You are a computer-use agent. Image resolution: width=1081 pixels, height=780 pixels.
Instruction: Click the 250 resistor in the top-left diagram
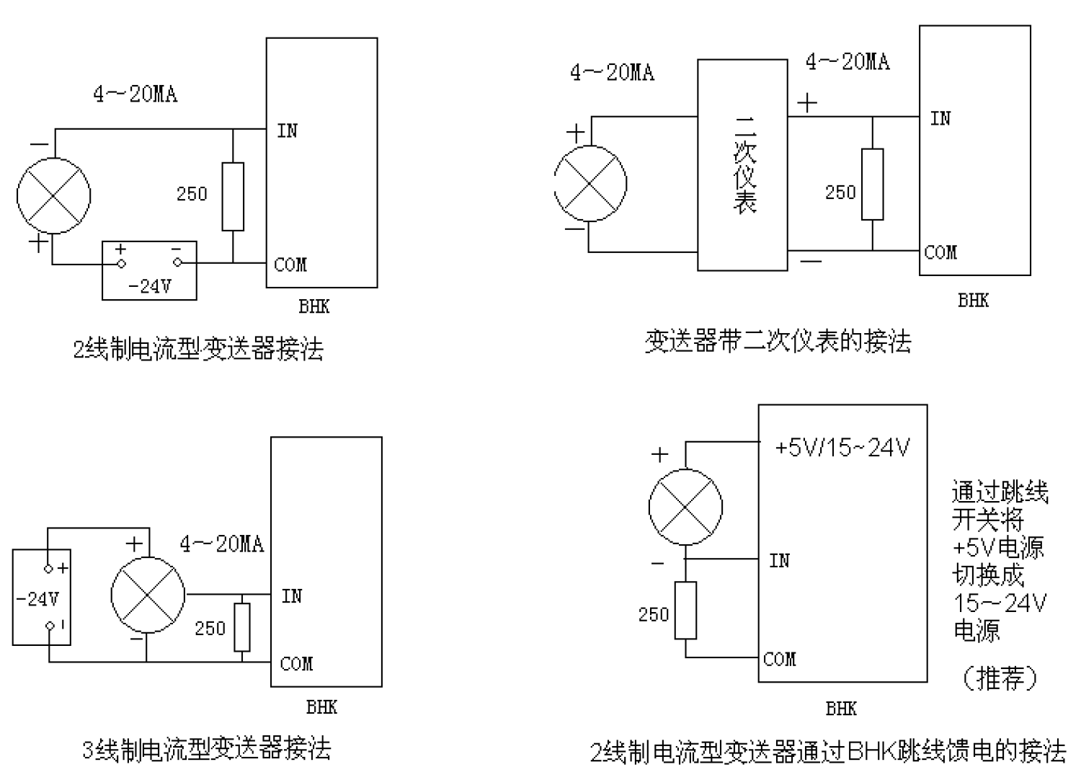click(233, 197)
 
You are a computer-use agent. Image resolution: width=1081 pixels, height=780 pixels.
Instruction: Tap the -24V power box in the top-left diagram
click(149, 270)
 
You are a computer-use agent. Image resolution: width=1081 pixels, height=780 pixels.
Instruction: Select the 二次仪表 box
click(742, 165)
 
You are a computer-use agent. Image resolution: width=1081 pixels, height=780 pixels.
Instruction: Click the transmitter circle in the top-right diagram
click(590, 184)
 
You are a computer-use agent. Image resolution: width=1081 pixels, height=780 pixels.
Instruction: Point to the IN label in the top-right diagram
click(940, 118)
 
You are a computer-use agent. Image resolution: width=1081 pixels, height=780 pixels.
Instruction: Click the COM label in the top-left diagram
click(290, 265)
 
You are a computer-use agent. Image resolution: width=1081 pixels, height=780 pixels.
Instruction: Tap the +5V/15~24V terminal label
click(842, 448)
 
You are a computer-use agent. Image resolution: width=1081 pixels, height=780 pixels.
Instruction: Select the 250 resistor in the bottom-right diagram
click(685, 610)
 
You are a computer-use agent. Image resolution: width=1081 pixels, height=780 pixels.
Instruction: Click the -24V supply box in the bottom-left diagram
click(41, 597)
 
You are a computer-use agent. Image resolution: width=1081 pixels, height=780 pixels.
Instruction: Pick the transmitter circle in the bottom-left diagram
click(148, 595)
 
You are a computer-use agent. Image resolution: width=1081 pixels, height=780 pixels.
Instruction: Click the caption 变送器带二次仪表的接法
click(778, 341)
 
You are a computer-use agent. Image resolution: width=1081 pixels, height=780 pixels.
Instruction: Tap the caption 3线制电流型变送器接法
click(207, 749)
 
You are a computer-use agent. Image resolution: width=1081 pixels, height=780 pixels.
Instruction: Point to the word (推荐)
click(1000, 678)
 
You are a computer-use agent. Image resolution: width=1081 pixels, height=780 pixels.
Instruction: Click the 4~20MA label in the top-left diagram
click(135, 94)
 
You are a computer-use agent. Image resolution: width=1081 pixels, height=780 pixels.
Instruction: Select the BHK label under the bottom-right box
click(841, 709)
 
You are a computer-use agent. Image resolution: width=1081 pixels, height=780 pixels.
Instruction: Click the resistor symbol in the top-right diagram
click(872, 185)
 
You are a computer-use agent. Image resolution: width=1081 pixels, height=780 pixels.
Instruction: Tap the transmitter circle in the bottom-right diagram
click(685, 507)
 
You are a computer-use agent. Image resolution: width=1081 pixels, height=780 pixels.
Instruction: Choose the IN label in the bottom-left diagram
click(292, 596)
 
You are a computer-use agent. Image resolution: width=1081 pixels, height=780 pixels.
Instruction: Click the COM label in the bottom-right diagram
click(780, 659)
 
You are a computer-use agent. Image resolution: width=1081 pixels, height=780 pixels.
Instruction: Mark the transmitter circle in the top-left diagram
click(54, 195)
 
